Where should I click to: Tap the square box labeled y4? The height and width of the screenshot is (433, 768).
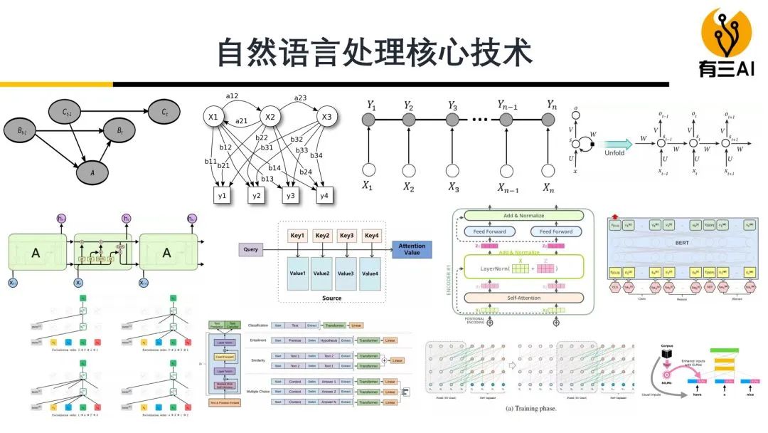click(x=324, y=194)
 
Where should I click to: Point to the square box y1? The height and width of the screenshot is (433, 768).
click(x=222, y=194)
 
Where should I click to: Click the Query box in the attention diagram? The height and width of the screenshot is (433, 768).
click(x=250, y=250)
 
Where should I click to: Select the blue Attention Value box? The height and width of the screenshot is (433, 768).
click(x=412, y=250)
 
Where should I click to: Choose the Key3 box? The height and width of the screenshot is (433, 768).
click(x=346, y=236)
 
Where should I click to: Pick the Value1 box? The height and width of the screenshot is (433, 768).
click(x=297, y=273)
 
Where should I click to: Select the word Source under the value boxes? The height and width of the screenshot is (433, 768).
click(x=331, y=298)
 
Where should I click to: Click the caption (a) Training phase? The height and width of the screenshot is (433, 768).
click(x=530, y=409)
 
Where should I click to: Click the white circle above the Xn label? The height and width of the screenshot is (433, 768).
click(x=547, y=170)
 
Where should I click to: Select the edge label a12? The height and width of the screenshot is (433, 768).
click(x=233, y=96)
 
